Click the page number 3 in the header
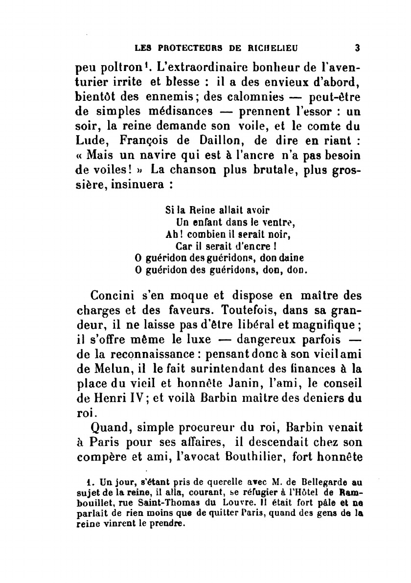pos(357,48)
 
